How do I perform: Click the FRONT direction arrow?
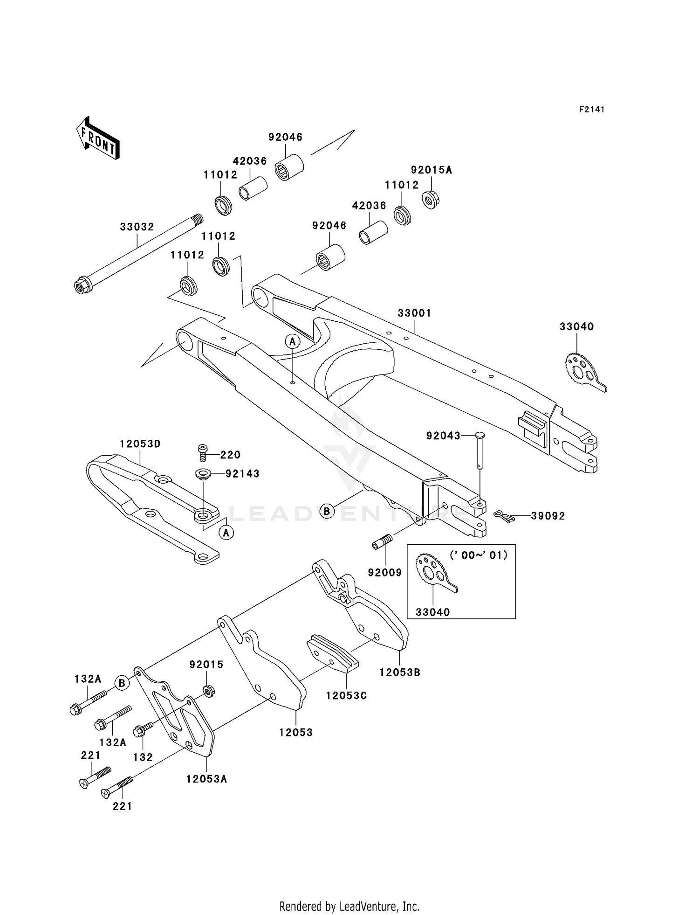(x=98, y=139)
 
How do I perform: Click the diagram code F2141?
(x=592, y=110)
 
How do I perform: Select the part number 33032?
(x=137, y=227)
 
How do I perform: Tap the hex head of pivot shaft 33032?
(x=82, y=285)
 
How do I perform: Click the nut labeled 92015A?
(x=431, y=200)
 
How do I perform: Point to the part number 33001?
(x=414, y=313)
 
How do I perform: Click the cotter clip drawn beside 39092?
(x=504, y=516)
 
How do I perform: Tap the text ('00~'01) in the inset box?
(x=479, y=555)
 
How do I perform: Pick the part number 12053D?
(x=140, y=444)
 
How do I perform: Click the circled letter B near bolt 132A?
(x=122, y=683)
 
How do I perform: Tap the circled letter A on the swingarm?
(x=293, y=342)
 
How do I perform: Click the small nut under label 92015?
(x=209, y=690)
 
